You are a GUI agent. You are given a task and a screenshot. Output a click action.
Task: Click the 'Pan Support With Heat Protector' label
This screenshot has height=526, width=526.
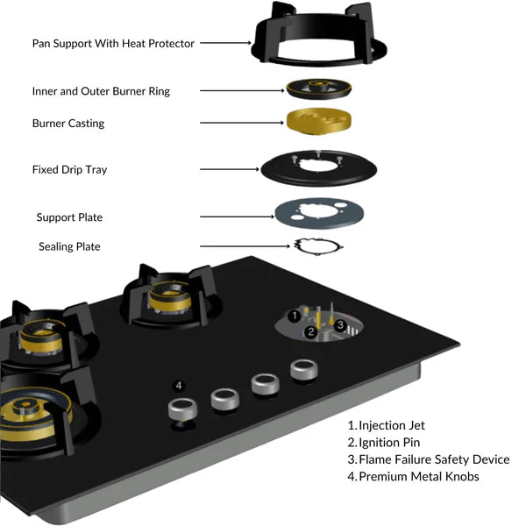113,42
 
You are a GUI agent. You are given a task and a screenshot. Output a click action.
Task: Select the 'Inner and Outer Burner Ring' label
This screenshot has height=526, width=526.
101,91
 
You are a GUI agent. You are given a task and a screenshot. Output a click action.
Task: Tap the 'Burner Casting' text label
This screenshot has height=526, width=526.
68,124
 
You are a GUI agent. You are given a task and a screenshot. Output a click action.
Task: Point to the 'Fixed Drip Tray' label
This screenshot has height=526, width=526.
69,169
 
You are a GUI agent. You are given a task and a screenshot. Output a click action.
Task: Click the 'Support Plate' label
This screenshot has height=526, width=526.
75,217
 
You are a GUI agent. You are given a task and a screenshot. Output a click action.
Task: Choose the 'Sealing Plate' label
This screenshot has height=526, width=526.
69,246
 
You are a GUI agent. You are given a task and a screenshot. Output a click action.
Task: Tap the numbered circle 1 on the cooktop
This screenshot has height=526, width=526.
295,315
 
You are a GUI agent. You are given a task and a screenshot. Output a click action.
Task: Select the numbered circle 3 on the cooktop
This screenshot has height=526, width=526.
340,325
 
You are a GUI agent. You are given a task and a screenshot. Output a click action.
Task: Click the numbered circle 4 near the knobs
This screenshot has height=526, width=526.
179,385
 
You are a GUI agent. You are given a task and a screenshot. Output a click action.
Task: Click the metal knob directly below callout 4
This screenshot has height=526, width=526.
182,408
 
